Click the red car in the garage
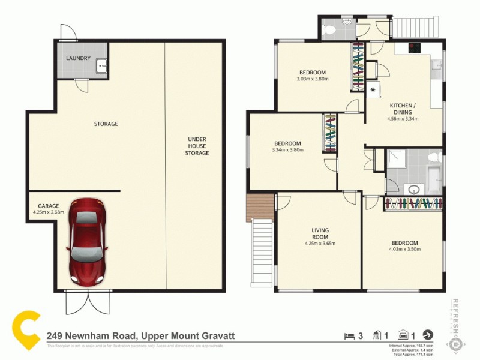87,241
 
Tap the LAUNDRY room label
79,58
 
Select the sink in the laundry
100,65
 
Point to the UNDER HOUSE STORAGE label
196,146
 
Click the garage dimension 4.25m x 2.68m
47,209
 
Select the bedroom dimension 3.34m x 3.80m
287,146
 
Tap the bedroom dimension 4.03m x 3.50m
403,247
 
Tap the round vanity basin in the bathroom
414,190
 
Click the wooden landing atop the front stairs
259,208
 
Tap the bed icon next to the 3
348,336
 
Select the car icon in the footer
403,336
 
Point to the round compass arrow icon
427,335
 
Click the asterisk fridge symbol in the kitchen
373,91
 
